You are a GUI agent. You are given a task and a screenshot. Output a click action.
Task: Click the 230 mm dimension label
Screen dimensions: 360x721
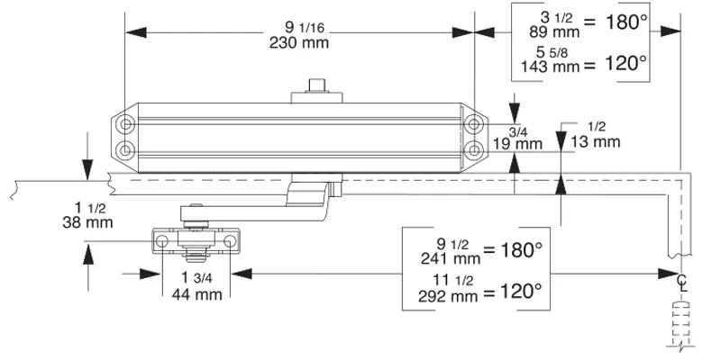298,43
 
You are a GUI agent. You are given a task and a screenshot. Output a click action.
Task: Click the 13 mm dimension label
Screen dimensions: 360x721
597,141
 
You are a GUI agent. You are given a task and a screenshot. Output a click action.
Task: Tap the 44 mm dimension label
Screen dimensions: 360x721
196,294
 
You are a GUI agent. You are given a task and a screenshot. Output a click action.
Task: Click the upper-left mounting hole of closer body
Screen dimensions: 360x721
125,122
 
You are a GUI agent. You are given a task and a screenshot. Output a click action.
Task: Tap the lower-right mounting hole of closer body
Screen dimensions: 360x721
473,146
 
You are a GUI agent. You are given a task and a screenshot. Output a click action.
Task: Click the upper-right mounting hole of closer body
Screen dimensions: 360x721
473,122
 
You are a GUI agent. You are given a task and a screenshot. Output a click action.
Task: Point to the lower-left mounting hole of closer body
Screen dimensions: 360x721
125,146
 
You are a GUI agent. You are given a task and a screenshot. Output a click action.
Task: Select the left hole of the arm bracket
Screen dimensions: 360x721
163,242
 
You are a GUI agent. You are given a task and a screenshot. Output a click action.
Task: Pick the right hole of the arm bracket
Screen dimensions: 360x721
230,242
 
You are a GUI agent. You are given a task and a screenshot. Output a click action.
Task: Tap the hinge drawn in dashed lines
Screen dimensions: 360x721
682,322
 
